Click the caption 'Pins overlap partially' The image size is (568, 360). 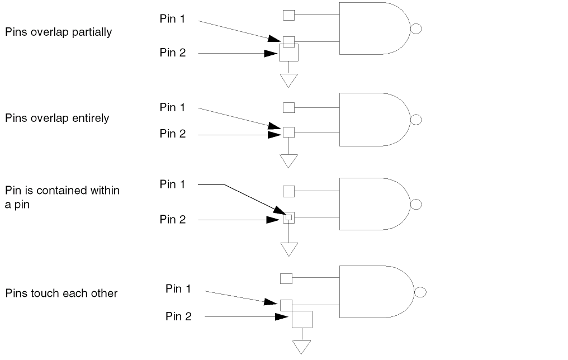click(59, 32)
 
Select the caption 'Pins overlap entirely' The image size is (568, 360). click(57, 118)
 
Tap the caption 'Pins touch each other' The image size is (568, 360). click(61, 293)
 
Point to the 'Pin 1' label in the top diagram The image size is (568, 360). click(173, 18)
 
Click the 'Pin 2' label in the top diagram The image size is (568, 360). click(173, 53)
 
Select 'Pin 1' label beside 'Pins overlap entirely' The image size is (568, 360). click(173, 107)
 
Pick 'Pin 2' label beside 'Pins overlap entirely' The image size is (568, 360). click(173, 134)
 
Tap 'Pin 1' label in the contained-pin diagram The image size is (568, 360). click(173, 184)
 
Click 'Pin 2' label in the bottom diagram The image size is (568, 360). click(179, 316)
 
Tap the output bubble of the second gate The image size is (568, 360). click(416, 120)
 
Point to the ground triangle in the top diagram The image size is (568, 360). click(288, 80)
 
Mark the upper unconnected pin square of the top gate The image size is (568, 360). click(288, 15)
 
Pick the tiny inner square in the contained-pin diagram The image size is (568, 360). click(288, 216)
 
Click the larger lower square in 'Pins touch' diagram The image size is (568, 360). click(302, 319)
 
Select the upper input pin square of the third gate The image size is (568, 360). click(288, 191)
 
